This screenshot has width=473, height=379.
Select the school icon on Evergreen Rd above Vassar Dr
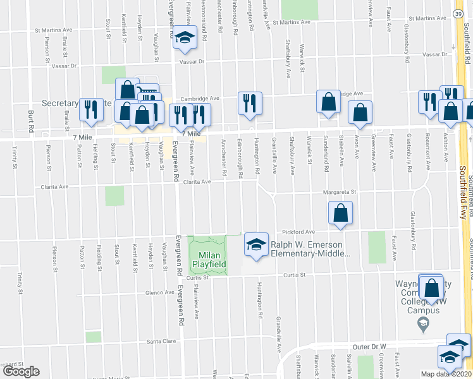tap(185, 40)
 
